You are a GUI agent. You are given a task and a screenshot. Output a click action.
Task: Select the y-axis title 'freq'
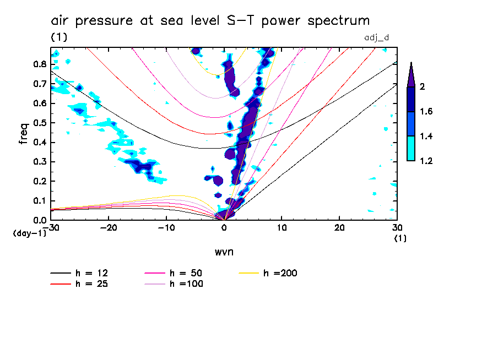[24, 134]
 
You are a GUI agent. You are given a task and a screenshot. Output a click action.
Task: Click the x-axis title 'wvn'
[223, 251]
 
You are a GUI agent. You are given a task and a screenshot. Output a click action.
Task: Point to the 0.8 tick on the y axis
[39, 64]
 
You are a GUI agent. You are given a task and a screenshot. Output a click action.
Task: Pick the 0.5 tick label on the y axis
[39, 123]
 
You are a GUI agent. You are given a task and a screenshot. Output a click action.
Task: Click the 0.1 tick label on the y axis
[39, 201]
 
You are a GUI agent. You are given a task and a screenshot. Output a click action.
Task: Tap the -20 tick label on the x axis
[109, 228]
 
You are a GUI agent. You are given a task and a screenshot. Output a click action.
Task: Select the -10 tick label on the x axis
[166, 228]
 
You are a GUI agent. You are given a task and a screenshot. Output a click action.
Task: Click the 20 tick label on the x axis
[339, 228]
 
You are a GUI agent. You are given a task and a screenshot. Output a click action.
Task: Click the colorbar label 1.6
[427, 112]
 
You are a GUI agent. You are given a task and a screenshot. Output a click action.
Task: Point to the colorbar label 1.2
[427, 161]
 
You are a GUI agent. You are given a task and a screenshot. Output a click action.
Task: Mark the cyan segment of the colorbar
[411, 148]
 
